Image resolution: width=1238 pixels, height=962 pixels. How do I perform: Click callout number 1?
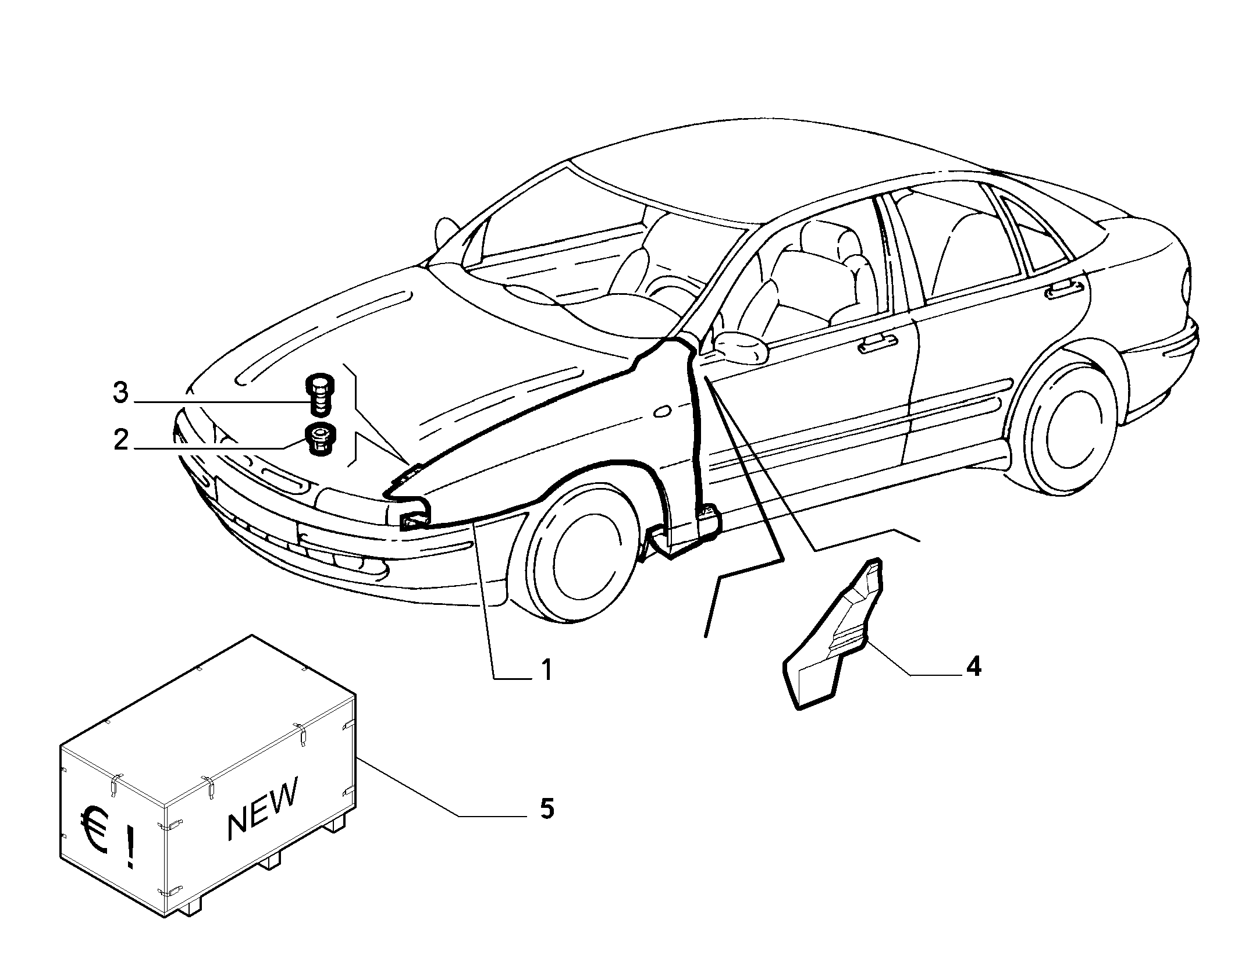546,670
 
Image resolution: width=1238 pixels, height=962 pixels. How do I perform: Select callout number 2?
120,440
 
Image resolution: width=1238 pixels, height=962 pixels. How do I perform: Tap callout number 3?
120,393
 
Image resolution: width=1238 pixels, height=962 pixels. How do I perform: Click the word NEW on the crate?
263,808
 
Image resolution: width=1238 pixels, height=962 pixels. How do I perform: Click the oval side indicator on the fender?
661,412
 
